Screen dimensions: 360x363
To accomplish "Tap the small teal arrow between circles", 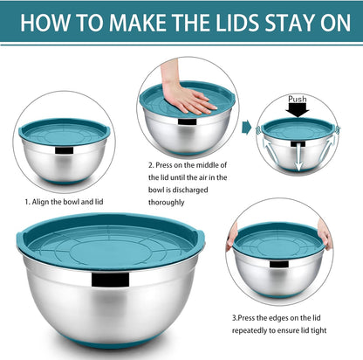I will point(247,128).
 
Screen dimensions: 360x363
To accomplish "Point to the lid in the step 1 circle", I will point(64,132).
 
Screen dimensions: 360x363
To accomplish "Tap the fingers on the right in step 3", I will point(324,233).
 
